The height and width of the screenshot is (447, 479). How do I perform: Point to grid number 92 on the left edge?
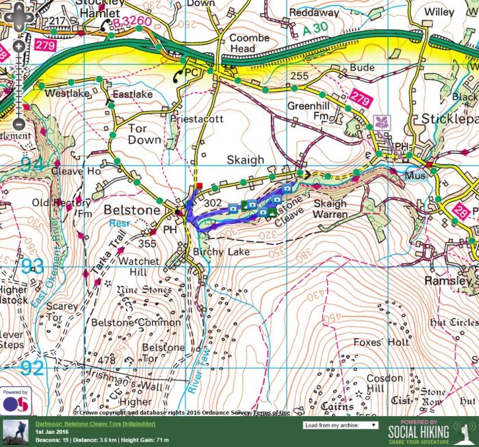click(x=31, y=368)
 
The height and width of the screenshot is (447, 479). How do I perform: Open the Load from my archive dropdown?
click(x=340, y=425)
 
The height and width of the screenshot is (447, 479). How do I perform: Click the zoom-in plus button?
click(x=18, y=46)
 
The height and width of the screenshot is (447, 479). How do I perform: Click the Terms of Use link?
click(x=272, y=412)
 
